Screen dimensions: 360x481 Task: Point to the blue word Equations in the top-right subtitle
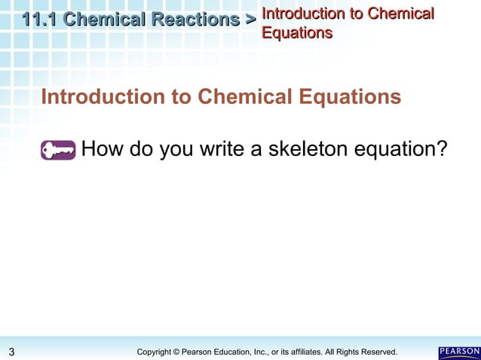click(x=297, y=32)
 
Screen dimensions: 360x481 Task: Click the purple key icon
click(x=59, y=151)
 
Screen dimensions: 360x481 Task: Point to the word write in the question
click(x=222, y=150)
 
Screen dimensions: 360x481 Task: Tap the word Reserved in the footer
click(x=378, y=352)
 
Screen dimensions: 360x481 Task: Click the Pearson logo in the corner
click(x=458, y=352)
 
